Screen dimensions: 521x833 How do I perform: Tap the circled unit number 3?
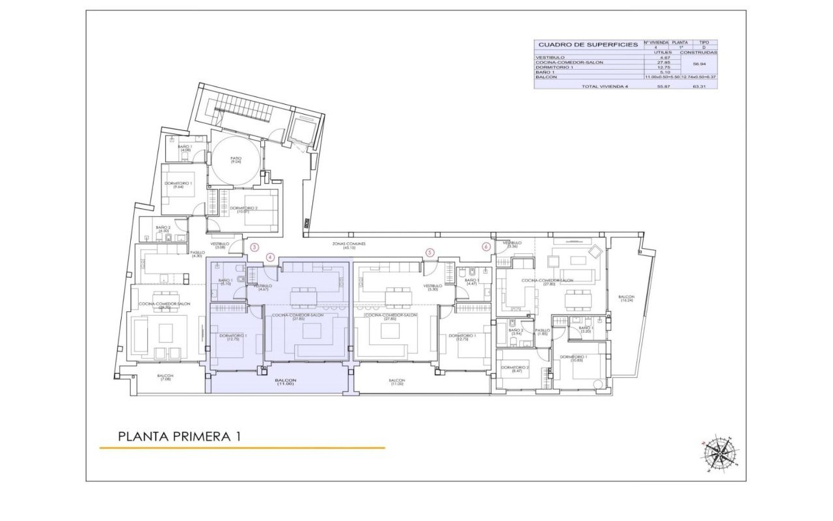tap(255, 247)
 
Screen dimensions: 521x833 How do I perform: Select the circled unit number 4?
tap(271, 257)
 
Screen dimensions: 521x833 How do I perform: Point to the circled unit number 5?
tap(429, 252)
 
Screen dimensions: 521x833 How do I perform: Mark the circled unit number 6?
tap(485, 246)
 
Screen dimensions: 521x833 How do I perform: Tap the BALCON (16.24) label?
tap(627, 298)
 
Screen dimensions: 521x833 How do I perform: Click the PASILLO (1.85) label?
tap(542, 331)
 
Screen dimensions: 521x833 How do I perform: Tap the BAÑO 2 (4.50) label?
tap(163, 229)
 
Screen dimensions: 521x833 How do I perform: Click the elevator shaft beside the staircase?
tap(303, 131)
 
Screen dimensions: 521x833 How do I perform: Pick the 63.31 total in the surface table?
tap(700, 86)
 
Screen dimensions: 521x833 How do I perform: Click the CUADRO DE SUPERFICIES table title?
tap(588, 45)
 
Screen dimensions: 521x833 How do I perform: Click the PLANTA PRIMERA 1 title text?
tap(180, 436)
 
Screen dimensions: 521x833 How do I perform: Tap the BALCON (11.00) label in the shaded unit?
tap(285, 382)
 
